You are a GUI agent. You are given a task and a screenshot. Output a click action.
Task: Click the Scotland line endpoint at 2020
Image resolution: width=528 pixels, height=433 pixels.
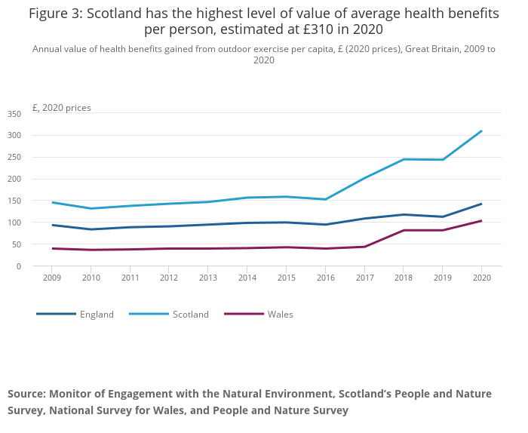click(481, 131)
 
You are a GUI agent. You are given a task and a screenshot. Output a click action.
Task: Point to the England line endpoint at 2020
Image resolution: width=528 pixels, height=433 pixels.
click(481, 204)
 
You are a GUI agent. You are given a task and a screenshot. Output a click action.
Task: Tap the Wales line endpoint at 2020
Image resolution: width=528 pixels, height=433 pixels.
click(481, 221)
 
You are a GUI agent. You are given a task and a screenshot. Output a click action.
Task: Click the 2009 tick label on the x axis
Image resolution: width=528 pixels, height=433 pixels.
click(52, 278)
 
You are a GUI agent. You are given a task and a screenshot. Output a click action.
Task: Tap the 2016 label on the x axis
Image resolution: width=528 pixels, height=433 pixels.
click(325, 278)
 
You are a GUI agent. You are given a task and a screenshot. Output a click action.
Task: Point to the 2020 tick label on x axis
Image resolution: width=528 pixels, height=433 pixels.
click(481, 278)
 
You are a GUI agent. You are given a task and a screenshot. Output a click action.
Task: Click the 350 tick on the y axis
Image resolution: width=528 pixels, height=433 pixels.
click(14, 114)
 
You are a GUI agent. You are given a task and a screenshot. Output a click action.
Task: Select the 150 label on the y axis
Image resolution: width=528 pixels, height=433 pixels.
click(14, 201)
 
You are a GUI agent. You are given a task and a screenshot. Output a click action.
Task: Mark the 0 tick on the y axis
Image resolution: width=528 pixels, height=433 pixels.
click(20, 266)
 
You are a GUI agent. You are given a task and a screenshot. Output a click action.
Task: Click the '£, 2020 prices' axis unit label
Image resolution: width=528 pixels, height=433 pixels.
click(62, 108)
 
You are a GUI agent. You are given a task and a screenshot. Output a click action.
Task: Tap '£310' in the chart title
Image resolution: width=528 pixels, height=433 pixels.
click(309, 30)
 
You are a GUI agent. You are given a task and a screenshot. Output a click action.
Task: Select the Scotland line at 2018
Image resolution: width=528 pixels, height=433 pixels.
click(404, 159)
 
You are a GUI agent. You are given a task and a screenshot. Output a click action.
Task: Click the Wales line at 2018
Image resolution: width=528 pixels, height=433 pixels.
click(404, 230)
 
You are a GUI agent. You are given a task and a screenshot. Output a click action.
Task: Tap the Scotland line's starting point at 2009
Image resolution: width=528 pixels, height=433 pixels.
click(52, 202)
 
